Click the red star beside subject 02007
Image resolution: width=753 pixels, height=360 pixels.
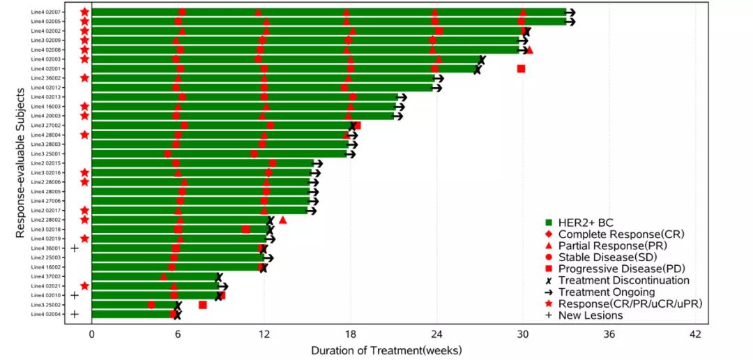84,13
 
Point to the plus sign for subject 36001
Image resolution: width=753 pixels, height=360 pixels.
74,248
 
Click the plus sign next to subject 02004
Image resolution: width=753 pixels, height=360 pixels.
74,315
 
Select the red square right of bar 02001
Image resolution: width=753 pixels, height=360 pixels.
521,68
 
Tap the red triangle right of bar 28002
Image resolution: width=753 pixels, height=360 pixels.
282,220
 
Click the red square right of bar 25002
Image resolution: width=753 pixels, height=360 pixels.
202,305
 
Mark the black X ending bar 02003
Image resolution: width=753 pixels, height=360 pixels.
481,59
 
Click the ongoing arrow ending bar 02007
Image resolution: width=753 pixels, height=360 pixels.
570,13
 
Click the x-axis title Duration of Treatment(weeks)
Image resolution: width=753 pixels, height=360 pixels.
386,350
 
